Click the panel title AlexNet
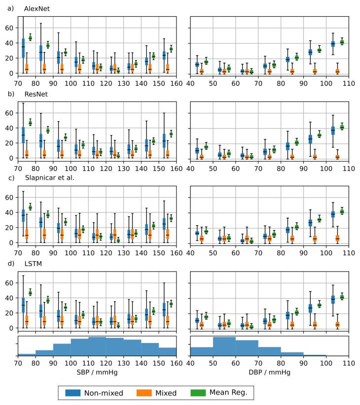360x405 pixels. coord(36,8)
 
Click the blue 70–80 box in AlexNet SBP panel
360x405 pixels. coord(23,48)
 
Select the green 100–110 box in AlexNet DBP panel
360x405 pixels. coord(342,42)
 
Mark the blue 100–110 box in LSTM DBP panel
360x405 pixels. coord(333,299)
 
